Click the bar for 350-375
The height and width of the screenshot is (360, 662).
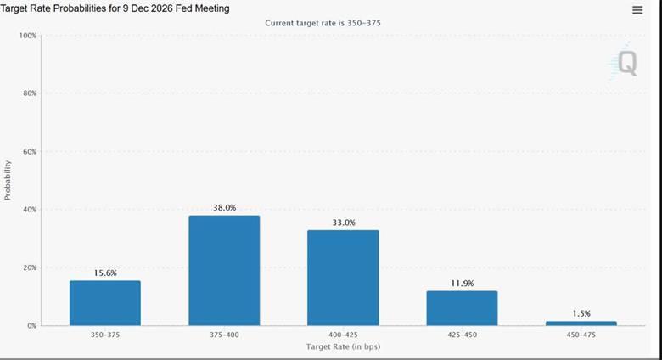point(105,303)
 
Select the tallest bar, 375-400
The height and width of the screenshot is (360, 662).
point(224,270)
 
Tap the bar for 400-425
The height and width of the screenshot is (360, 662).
point(343,278)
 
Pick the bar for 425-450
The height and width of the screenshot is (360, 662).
point(462,308)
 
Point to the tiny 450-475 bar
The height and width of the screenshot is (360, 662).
point(581,323)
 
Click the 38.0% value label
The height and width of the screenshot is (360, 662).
point(225,207)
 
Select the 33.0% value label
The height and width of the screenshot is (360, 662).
point(344,222)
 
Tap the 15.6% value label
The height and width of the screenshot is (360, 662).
point(105,273)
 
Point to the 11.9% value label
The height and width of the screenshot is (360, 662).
point(463,283)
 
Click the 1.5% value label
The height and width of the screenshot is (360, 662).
point(581,313)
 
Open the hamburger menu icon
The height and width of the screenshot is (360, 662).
point(637,10)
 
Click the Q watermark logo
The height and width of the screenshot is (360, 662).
point(625,63)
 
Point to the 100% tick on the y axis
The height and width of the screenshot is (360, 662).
point(28,36)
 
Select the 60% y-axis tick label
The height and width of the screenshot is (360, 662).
point(30,151)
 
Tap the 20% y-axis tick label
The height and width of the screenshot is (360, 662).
point(30,267)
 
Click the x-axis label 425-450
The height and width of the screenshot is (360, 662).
point(463,335)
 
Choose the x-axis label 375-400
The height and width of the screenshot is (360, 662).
point(224,335)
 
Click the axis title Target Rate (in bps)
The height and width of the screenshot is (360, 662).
point(343,346)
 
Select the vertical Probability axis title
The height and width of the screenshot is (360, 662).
point(7,180)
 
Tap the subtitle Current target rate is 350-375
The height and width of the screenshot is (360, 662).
point(323,23)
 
